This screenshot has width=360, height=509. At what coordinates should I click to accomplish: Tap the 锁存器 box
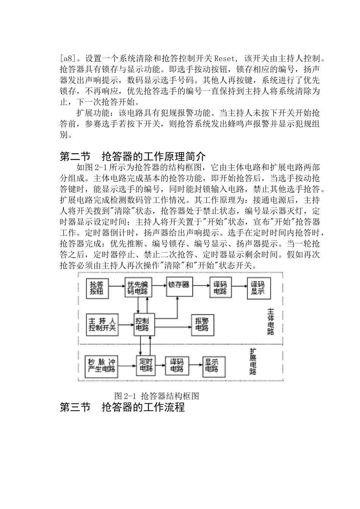click(x=179, y=284)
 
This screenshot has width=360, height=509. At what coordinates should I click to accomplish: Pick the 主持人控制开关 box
click(x=102, y=324)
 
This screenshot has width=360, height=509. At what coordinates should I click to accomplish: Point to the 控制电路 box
click(x=144, y=324)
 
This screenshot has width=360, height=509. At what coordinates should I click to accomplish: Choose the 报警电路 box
click(x=202, y=324)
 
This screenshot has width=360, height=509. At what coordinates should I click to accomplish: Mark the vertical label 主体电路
click(x=270, y=321)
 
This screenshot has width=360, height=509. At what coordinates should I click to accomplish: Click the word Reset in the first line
click(x=226, y=59)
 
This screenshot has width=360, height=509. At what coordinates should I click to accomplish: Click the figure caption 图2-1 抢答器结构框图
click(x=157, y=396)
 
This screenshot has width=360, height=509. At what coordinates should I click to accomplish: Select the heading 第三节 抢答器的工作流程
click(x=122, y=408)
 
